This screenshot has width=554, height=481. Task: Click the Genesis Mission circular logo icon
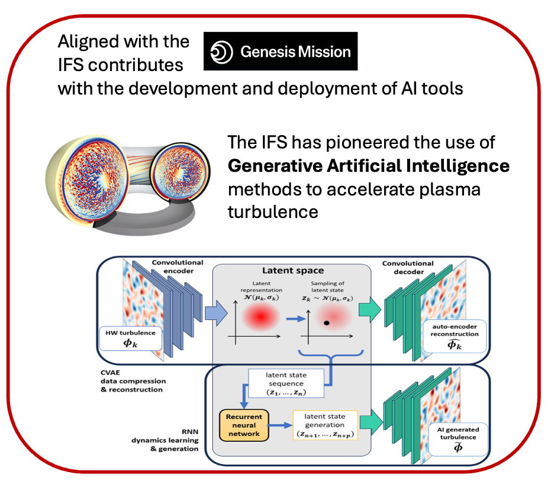point(221,52)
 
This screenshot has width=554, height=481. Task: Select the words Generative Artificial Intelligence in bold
point(369,165)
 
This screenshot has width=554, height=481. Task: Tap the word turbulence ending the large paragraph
point(273,212)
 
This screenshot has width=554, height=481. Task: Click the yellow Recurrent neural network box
point(244,425)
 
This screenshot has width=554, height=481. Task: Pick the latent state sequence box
point(286,383)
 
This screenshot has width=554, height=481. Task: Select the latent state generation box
point(325,425)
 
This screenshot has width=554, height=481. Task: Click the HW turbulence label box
point(130,338)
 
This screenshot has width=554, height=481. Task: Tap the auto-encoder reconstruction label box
point(455,336)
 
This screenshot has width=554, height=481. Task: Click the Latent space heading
point(293,271)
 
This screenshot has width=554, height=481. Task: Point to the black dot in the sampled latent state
point(327,323)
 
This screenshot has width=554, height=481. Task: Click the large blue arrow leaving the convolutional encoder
point(216,313)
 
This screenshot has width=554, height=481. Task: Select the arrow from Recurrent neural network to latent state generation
point(280,425)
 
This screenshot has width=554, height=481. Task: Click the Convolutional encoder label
point(178,267)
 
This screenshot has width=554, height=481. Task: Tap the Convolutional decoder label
point(408,268)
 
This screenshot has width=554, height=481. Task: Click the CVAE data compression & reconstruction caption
point(133,381)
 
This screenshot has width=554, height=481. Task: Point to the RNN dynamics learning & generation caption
point(165,440)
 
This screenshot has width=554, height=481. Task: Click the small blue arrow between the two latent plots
point(296,319)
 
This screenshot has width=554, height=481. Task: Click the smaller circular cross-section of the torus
point(180,172)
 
